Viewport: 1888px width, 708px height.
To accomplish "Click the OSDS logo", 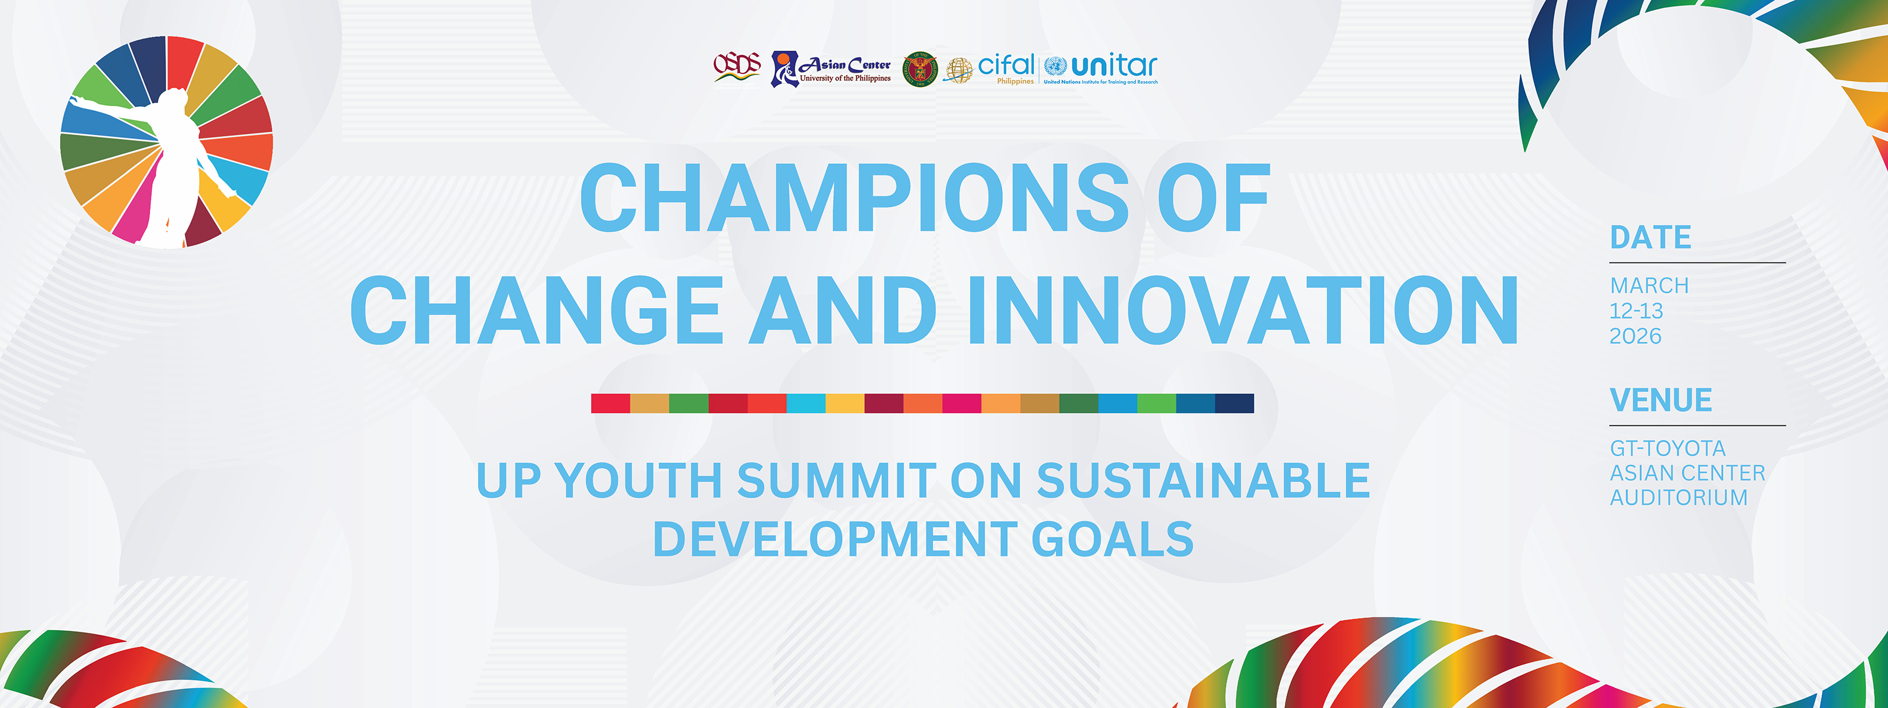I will click(x=737, y=67).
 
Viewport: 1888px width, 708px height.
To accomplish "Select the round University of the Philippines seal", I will click(x=919, y=70).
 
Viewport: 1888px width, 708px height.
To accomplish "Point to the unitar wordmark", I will click(x=1114, y=67).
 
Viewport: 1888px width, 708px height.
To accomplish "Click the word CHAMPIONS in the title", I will click(x=854, y=198).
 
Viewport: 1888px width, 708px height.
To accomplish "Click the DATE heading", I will click(x=1650, y=237).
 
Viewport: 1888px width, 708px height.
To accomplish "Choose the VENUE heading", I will click(x=1660, y=400).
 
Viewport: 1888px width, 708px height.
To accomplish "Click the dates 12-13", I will click(x=1636, y=310).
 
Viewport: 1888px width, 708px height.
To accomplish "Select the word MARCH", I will click(x=1649, y=285).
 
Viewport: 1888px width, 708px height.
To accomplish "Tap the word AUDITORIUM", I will click(x=1678, y=498).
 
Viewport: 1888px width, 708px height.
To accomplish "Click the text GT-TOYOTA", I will click(x=1667, y=448).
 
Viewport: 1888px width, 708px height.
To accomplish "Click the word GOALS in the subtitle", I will click(x=1113, y=539).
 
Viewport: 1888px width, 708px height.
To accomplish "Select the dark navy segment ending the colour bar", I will click(x=1234, y=403).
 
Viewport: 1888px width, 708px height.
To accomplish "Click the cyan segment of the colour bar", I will click(x=806, y=403).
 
